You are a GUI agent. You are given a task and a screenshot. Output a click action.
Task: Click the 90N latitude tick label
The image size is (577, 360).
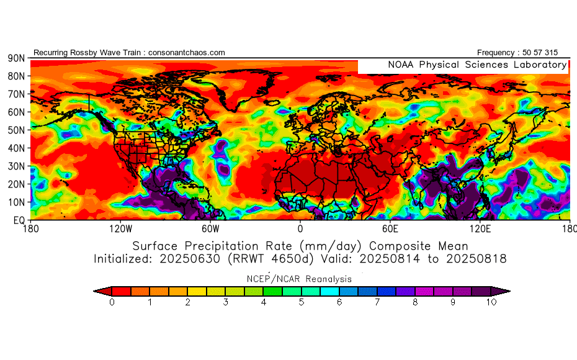(16, 58)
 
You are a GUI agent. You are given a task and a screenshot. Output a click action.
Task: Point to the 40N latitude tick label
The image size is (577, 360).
(16, 148)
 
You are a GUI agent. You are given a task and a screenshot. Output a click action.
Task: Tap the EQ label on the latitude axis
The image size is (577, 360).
(19, 220)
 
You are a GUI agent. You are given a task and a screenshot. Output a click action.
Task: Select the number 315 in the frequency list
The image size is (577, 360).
(558, 53)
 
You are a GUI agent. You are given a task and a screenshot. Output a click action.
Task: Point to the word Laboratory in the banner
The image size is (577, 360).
(538, 65)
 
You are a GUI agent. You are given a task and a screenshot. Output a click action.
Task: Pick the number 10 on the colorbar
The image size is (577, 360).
(491, 302)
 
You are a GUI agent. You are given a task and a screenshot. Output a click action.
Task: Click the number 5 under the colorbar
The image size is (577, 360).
(302, 302)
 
